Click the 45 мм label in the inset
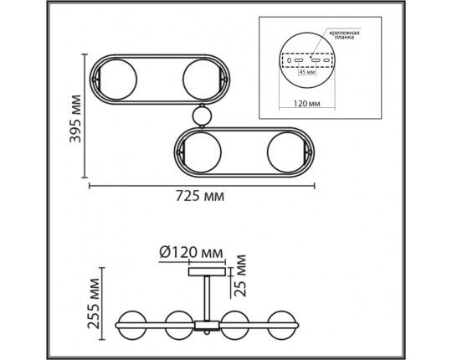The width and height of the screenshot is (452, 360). click(x=307, y=72)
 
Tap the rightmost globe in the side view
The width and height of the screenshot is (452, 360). click(x=281, y=323)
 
